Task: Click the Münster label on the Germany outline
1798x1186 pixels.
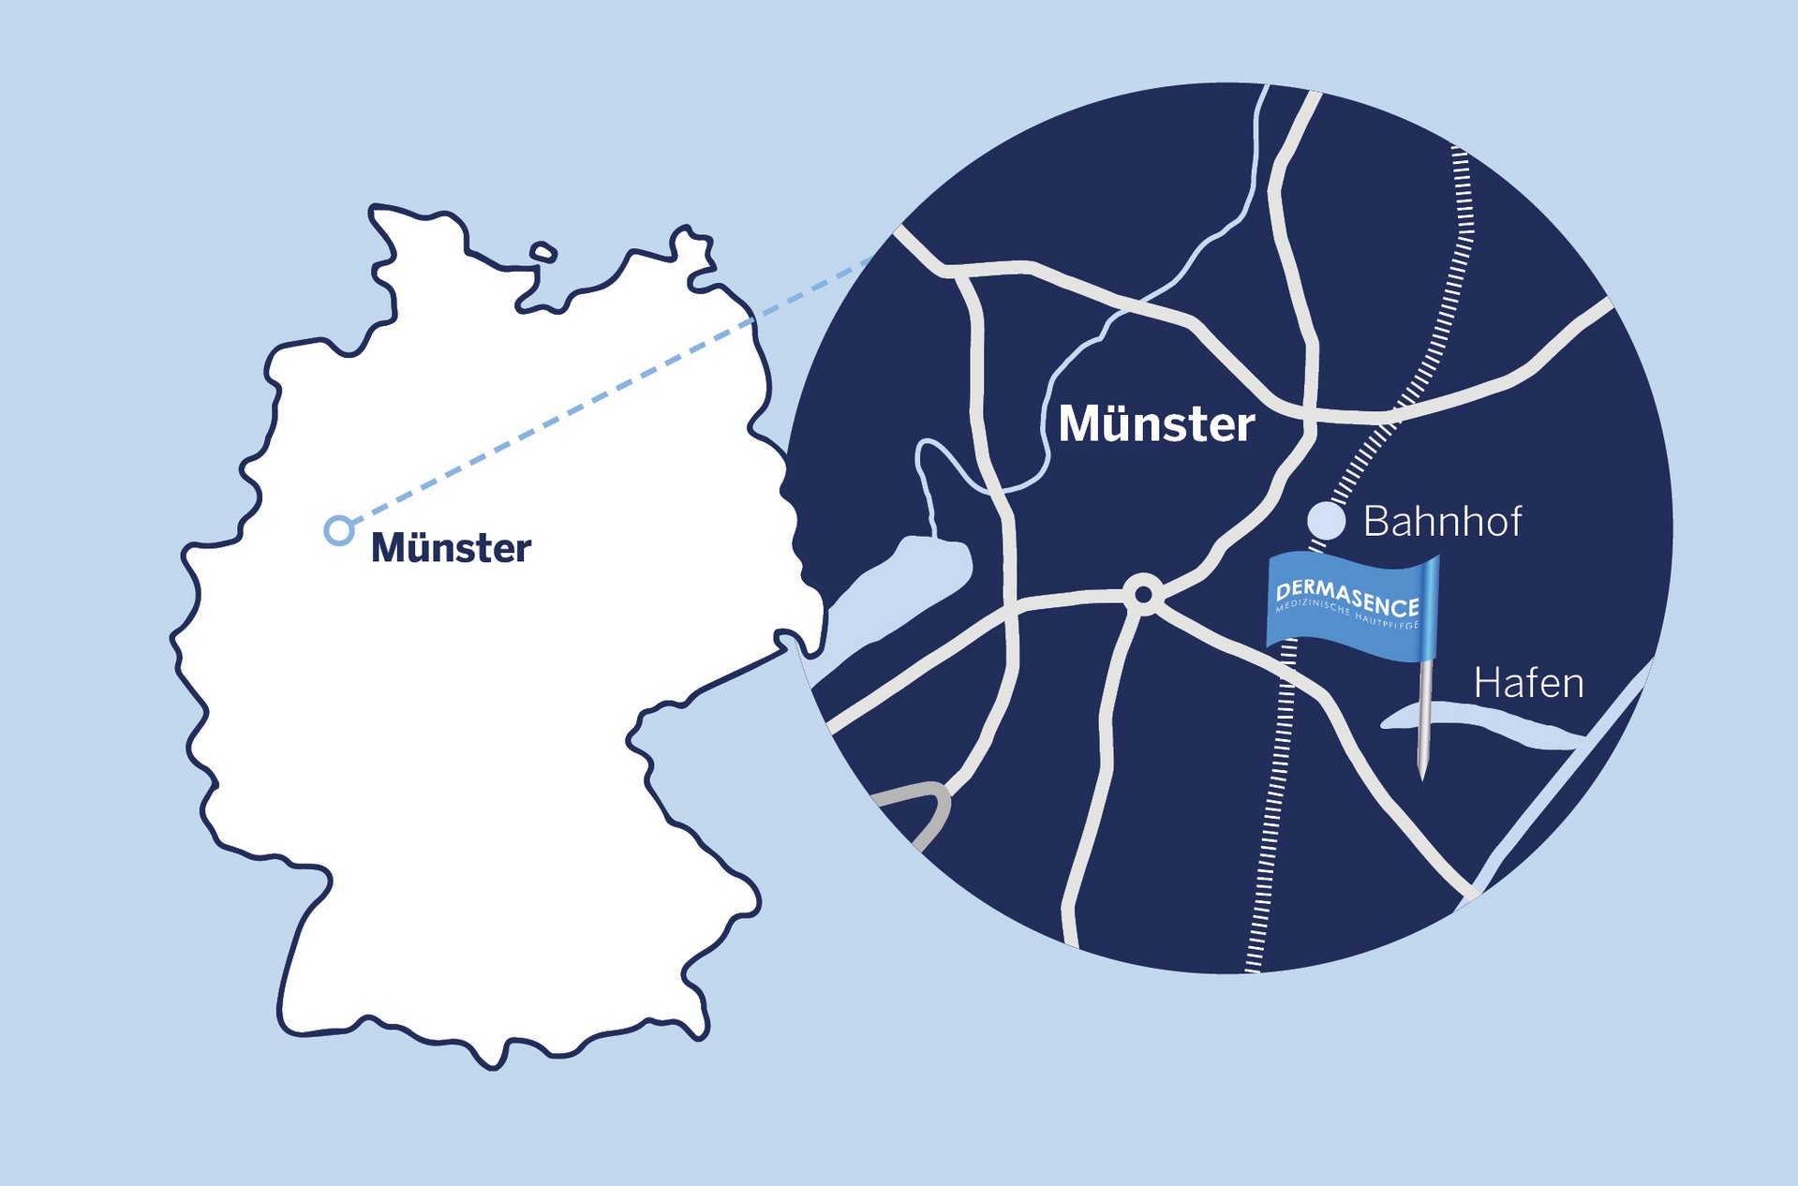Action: (x=451, y=548)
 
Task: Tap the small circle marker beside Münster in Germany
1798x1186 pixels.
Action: (x=338, y=530)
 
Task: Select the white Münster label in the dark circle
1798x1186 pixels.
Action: (x=1156, y=424)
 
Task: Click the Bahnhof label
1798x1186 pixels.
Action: (x=1442, y=522)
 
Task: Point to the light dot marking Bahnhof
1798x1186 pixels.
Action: (x=1326, y=521)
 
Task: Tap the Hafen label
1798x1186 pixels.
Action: (x=1528, y=683)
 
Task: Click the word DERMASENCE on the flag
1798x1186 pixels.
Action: (x=1347, y=598)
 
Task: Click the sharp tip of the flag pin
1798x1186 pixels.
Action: (x=1422, y=776)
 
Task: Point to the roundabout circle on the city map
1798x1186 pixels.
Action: (x=1143, y=593)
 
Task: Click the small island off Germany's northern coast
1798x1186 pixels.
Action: (x=543, y=252)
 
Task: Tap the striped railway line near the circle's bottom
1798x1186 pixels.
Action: (x=1260, y=899)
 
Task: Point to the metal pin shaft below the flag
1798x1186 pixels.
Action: (x=1424, y=712)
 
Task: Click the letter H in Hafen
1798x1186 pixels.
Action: (x=1487, y=683)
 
